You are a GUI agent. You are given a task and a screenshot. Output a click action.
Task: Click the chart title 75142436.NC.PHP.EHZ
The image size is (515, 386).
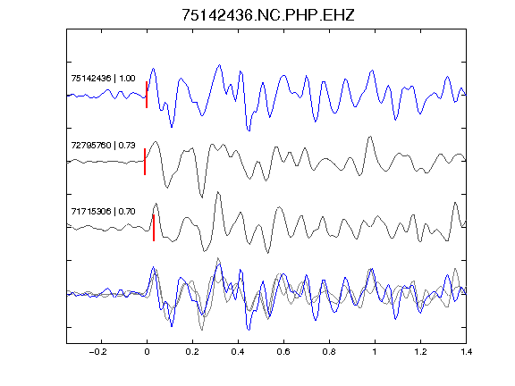point(268,15)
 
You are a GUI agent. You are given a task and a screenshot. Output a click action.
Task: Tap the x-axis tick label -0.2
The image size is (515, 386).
point(97,352)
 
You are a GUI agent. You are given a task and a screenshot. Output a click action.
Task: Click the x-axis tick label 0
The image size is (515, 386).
point(147,352)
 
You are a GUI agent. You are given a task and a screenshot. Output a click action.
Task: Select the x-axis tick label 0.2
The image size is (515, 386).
point(192,352)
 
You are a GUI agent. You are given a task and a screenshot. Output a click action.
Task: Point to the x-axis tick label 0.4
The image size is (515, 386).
point(238,352)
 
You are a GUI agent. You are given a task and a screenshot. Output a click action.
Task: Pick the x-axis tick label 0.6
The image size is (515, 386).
point(283,352)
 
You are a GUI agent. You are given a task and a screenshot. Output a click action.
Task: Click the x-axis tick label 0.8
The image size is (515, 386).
point(329,352)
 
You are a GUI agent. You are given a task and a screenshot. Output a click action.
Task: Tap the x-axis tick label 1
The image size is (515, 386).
point(375,352)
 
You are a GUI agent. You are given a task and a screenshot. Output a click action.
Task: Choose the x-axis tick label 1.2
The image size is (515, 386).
point(420,352)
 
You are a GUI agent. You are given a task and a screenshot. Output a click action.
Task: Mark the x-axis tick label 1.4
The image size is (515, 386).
point(466,352)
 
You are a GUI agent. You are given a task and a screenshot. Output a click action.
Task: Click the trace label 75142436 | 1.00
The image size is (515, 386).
point(103,79)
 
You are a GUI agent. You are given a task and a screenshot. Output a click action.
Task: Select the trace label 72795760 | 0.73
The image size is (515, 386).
point(103,145)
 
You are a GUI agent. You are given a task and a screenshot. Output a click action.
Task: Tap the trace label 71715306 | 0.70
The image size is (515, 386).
point(103,212)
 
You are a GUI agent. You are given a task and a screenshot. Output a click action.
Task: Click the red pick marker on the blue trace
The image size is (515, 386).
point(147,95)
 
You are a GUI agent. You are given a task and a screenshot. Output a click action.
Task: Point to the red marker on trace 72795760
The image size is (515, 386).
point(145,162)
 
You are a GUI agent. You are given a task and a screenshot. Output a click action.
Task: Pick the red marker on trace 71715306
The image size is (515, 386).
point(154,228)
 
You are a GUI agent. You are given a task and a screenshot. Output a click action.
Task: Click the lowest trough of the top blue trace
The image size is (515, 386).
point(249,130)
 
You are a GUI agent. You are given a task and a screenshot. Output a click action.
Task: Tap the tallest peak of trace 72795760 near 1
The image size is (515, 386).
point(370,137)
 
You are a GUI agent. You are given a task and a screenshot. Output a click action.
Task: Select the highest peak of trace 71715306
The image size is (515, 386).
point(218,193)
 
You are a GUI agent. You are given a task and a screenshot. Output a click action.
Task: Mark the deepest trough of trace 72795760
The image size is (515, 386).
point(202,197)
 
